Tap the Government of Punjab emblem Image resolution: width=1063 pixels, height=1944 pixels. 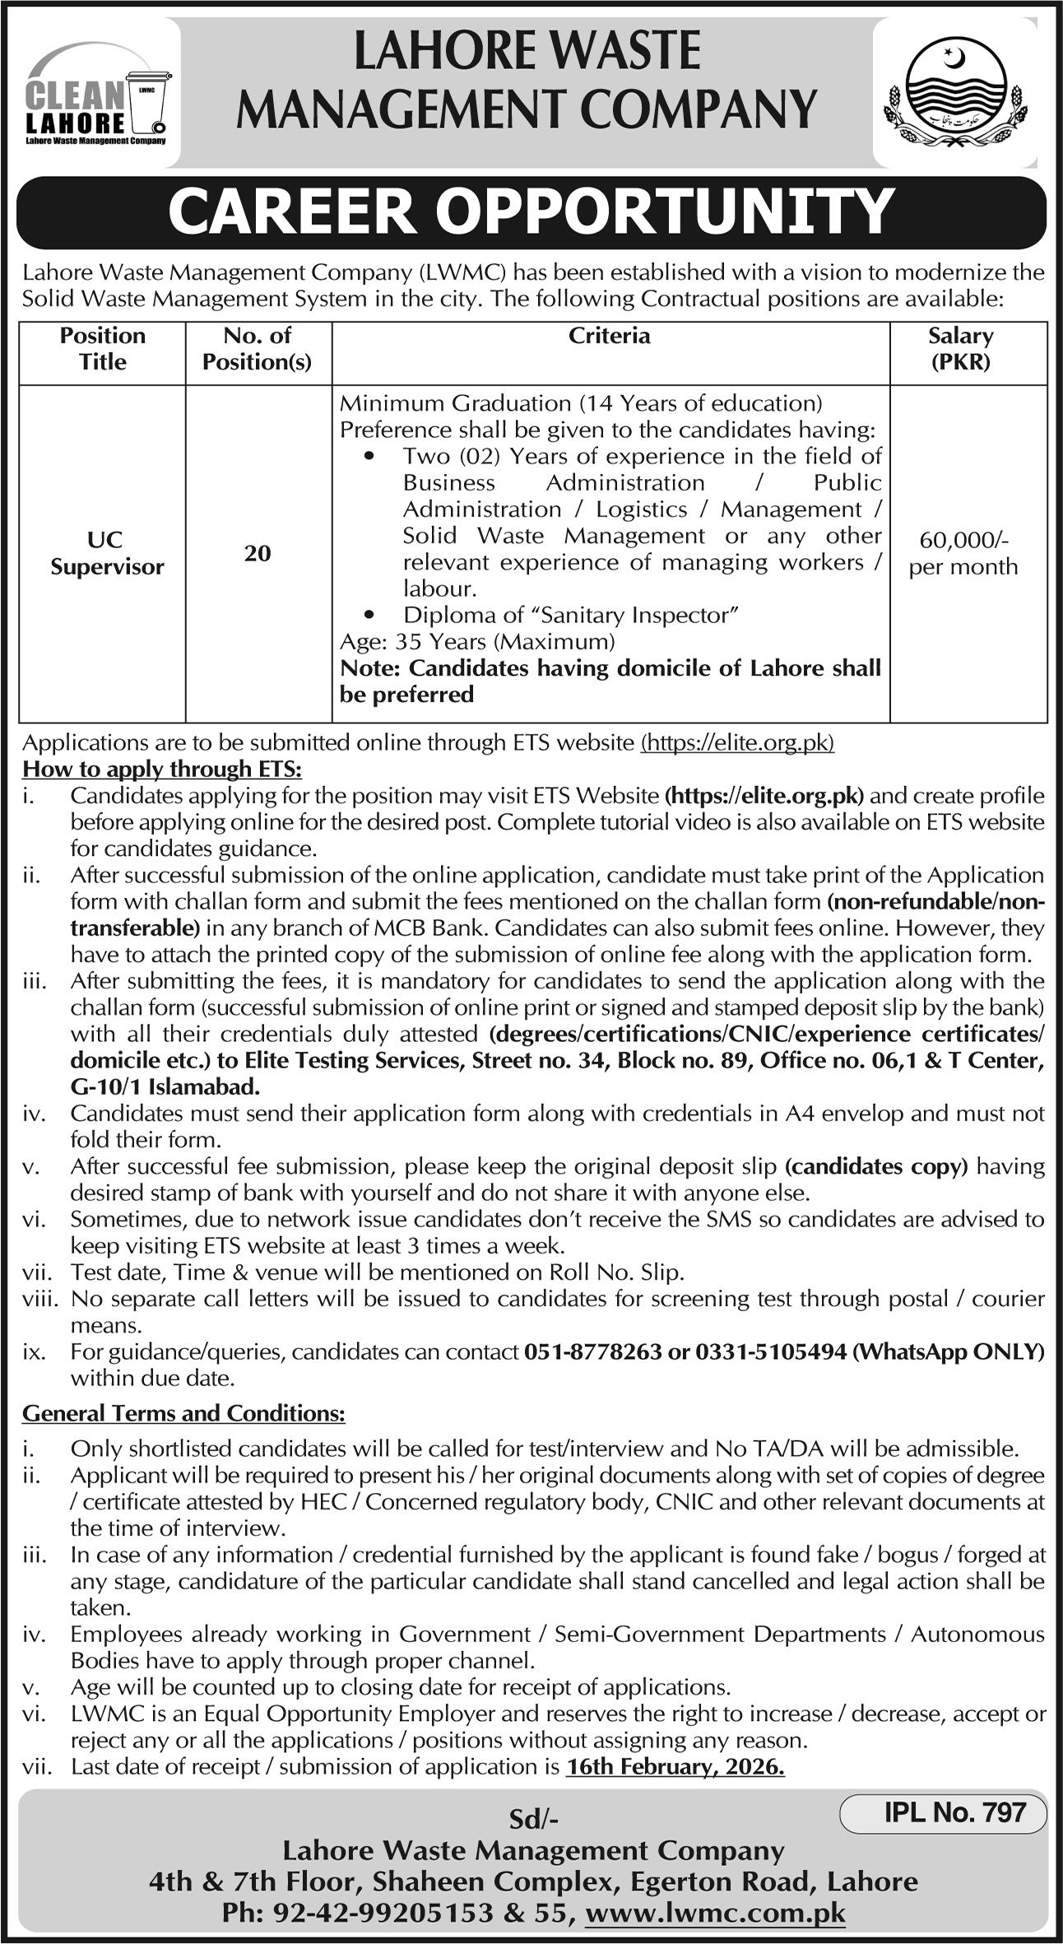[x=954, y=94]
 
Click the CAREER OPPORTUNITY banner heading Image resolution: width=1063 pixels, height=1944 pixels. [x=531, y=212]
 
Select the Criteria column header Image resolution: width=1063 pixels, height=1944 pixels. [x=610, y=336]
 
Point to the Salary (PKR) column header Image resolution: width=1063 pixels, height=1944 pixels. [x=960, y=348]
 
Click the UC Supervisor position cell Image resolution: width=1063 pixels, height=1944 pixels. [x=107, y=553]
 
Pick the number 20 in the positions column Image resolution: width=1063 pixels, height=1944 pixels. [x=258, y=553]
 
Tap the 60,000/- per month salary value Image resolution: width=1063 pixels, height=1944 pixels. [x=963, y=553]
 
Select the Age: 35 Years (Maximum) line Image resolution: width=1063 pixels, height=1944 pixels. [x=477, y=641]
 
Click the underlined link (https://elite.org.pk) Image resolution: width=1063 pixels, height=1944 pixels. [x=737, y=742]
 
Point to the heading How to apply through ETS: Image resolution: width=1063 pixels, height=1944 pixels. [x=162, y=769]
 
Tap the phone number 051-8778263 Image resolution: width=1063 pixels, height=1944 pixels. [x=592, y=1351]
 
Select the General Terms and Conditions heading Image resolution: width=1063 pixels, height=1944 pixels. [x=183, y=1413]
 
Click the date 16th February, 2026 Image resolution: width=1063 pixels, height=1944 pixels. [x=675, y=1766]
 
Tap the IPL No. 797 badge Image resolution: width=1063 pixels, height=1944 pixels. [x=954, y=1811]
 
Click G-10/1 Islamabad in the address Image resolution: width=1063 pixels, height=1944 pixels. [x=165, y=1087]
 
